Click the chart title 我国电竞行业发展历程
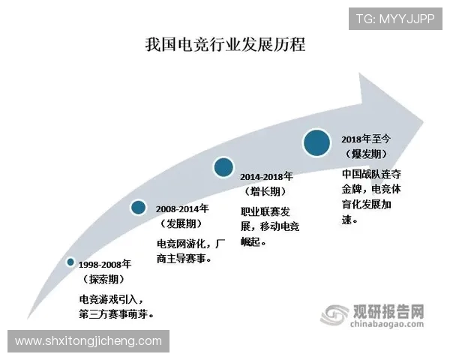point(225,44)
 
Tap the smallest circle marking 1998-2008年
point(70,262)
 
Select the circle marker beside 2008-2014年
point(139,207)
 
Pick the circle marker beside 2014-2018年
point(223,167)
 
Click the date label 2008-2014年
point(184,208)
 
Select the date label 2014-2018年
point(268,177)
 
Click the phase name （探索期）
point(104,279)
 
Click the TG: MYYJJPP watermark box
point(394,19)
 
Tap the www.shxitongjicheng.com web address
point(88,341)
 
